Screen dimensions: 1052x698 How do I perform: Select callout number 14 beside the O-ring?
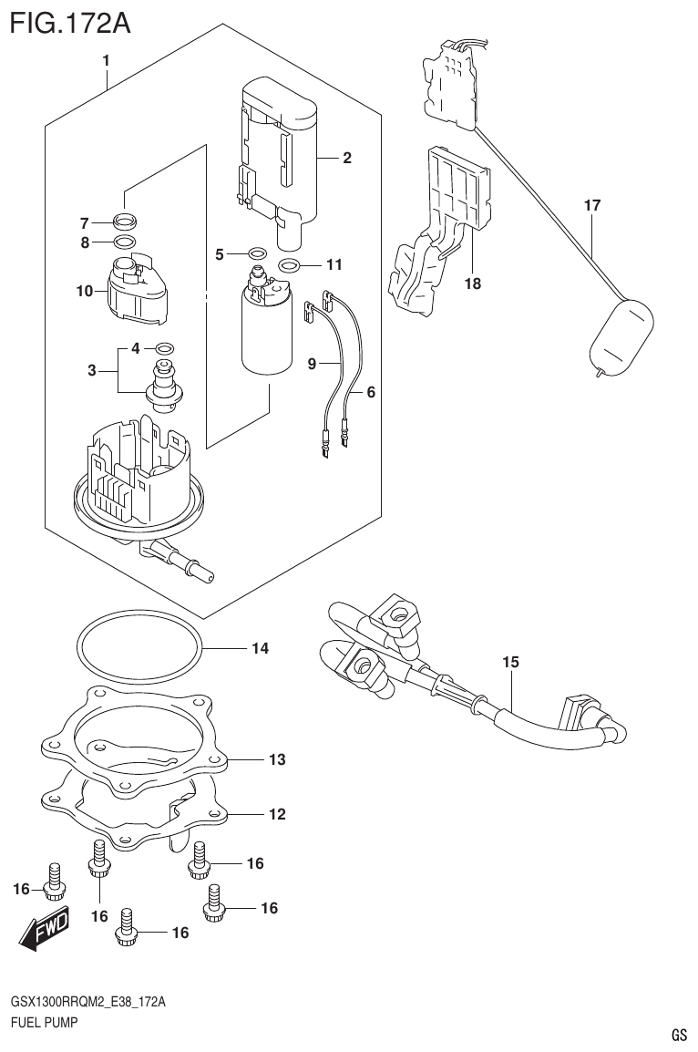pos(260,649)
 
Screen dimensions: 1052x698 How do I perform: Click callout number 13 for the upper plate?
pos(277,758)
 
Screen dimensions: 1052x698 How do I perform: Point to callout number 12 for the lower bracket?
pos(277,813)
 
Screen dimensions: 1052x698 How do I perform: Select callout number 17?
pos(592,206)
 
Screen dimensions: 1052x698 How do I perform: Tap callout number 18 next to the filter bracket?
pos(472,284)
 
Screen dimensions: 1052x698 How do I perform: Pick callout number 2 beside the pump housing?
pos(347,159)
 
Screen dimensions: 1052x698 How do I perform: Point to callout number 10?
pos(85,292)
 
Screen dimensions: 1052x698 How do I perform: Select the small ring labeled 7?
pos(125,221)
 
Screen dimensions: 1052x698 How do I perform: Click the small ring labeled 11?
pos(289,266)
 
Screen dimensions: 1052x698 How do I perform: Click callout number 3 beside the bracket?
pos(91,369)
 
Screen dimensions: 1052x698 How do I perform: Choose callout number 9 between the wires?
pos(312,364)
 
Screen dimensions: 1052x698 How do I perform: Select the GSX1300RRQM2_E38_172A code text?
pos(88,1002)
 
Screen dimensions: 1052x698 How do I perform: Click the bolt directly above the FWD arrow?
pos(54,877)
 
